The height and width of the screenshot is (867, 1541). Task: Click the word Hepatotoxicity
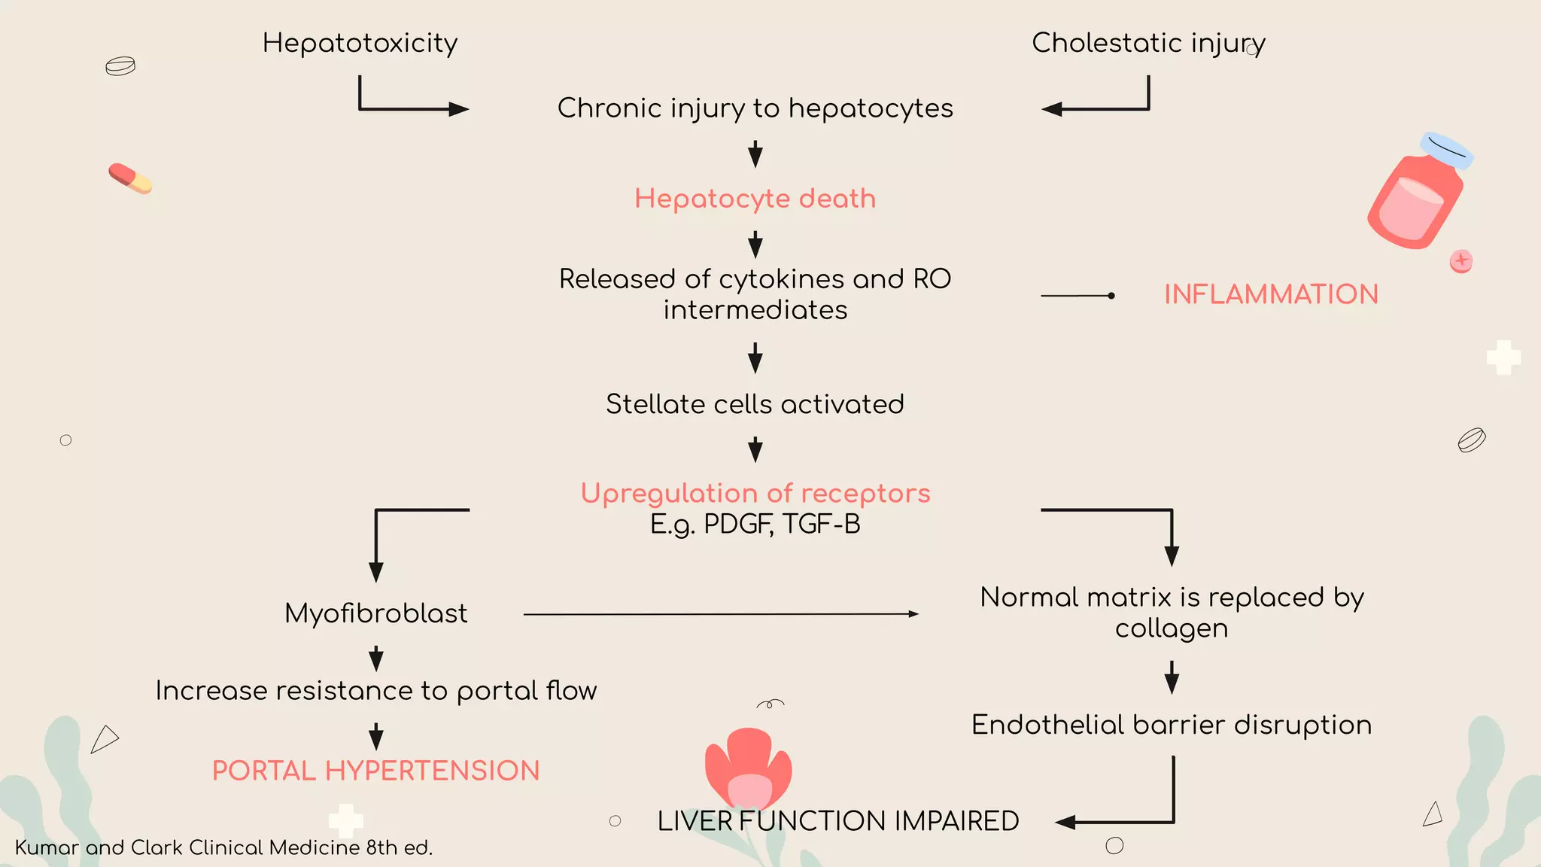360,44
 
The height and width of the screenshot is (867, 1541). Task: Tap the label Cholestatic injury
1147,44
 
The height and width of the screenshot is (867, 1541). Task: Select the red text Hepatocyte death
755,199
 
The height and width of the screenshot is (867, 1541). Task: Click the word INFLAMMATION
1271,294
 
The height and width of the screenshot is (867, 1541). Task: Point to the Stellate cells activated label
755,405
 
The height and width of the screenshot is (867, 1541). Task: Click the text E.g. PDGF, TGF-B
755,525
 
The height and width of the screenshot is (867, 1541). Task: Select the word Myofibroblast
375,613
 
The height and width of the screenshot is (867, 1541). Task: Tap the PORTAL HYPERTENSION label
375,771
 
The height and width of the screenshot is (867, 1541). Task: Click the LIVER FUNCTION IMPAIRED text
837,821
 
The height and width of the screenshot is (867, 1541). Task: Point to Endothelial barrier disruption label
1172,725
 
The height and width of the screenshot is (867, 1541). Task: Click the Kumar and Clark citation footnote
223,847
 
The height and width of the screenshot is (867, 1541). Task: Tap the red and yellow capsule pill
130,178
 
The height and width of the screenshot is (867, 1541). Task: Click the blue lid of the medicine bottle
1446,149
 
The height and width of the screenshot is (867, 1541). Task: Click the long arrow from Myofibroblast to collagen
720,614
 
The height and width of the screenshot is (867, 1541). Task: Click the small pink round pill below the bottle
1460,261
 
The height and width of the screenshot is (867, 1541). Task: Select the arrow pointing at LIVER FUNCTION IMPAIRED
1129,821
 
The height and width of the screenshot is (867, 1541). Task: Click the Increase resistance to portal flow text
375,691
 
